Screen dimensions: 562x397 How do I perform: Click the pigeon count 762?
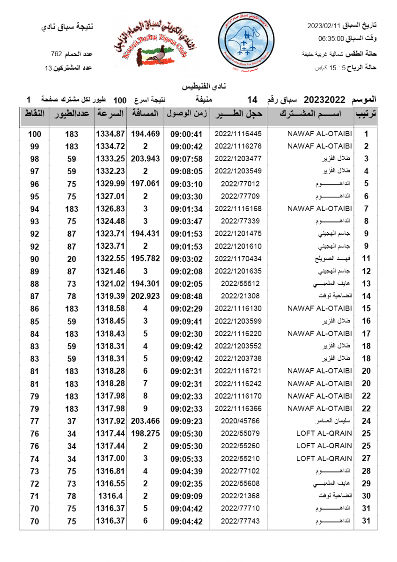click(57, 54)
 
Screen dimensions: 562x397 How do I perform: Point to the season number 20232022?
click(324, 100)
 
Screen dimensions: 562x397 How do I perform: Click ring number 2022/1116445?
click(238, 134)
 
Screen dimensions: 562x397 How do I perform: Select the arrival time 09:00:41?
click(186, 134)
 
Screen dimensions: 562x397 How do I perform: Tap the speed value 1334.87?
click(110, 134)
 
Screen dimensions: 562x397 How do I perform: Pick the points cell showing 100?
click(35, 134)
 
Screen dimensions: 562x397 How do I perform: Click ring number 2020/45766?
click(238, 421)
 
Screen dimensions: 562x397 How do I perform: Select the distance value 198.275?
click(145, 434)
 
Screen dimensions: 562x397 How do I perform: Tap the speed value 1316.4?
click(110, 496)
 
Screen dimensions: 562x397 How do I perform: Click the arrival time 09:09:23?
click(186, 421)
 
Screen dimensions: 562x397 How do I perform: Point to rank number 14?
click(366, 296)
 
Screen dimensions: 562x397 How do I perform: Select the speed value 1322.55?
click(110, 259)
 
